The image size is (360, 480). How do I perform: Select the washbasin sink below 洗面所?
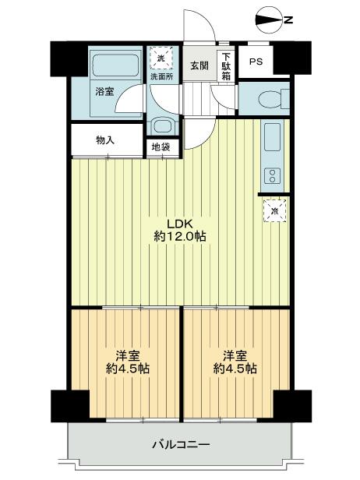coord(161,126)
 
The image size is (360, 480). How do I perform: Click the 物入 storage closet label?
coord(105,141)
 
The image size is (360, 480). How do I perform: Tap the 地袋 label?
coord(161,146)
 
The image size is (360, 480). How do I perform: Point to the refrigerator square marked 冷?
coord(274,210)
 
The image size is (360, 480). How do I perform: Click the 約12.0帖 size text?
coord(178,236)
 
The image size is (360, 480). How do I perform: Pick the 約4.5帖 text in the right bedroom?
coord(235,369)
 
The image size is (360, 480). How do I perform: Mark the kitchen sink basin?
coord(272,139)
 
